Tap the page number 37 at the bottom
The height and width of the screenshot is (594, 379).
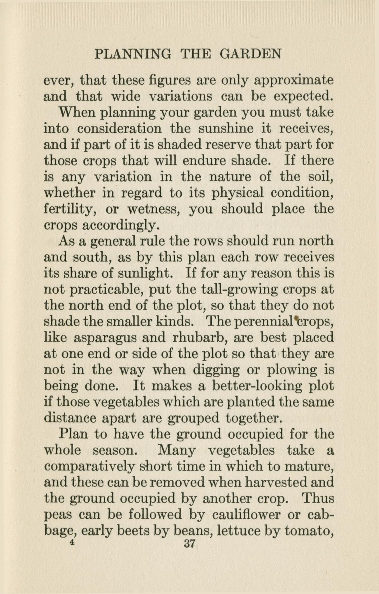(189, 544)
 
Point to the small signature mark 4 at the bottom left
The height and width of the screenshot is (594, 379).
(72, 542)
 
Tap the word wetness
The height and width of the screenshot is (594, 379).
(153, 209)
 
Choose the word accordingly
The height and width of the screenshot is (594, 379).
(121, 226)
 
